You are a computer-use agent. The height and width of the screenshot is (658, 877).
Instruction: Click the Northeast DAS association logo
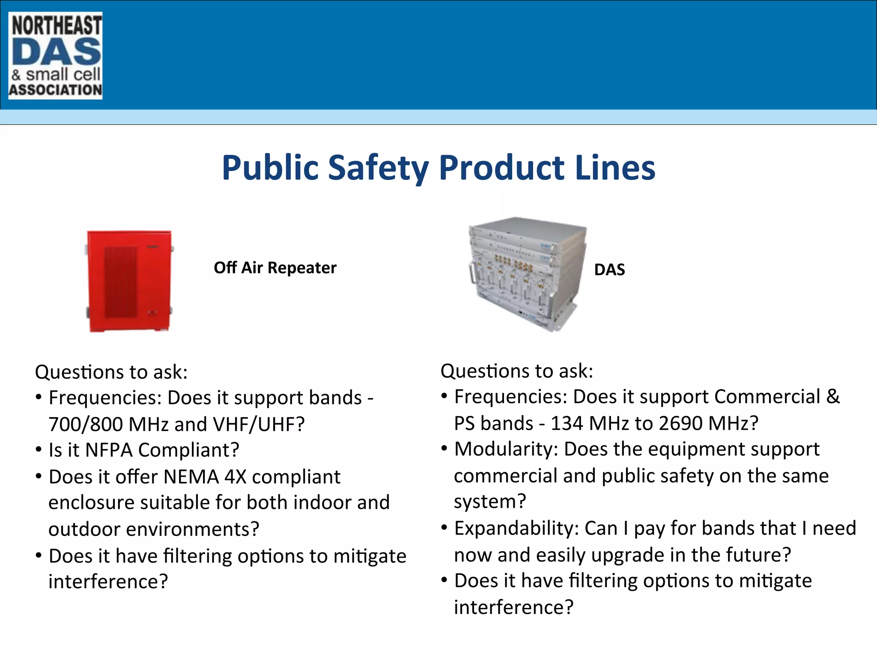[56, 56]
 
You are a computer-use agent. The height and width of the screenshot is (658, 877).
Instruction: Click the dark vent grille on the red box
[121, 281]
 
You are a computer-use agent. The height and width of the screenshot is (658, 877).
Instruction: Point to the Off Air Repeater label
[275, 268]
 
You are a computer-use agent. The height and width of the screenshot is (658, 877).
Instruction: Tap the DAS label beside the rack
[609, 270]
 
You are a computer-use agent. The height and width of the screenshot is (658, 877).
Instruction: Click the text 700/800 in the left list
[86, 424]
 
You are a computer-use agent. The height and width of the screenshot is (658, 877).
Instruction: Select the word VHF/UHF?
[259, 424]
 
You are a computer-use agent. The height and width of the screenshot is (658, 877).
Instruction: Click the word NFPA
[109, 450]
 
